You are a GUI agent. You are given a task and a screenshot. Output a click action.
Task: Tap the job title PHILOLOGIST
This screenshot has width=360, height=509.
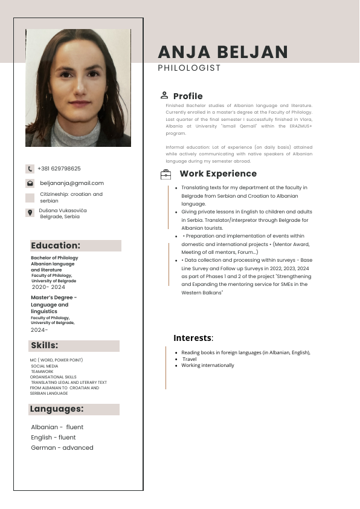click(x=189, y=68)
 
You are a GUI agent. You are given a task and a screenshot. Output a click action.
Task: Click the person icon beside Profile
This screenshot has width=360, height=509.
click(x=164, y=95)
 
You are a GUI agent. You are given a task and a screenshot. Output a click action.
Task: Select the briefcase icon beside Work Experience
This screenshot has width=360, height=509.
click(x=166, y=174)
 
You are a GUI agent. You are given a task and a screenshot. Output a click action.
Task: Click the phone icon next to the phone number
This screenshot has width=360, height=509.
click(x=30, y=169)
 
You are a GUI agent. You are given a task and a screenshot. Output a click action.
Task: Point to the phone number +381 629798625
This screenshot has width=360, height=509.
click(x=59, y=169)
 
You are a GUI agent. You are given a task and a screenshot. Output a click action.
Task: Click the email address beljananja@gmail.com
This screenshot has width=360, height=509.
click(x=72, y=183)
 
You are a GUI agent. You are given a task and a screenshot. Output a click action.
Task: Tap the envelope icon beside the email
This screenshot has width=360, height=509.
click(x=30, y=183)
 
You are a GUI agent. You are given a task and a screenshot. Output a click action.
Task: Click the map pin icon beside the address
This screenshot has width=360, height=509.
click(x=30, y=212)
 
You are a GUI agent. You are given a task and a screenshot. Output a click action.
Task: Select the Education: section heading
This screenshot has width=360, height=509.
click(x=56, y=245)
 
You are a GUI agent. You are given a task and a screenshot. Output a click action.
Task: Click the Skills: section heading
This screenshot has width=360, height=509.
click(x=45, y=346)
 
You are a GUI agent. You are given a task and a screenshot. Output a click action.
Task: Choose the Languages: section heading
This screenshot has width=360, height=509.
click(x=57, y=409)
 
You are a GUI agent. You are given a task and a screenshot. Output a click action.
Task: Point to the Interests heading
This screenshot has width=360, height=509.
click(x=193, y=338)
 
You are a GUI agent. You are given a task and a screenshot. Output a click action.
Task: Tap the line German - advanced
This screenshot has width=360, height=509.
click(x=62, y=447)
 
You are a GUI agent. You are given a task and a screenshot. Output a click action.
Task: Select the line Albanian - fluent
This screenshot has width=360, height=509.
click(x=57, y=427)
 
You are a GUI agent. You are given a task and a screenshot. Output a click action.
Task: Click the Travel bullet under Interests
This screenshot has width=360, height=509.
click(x=189, y=359)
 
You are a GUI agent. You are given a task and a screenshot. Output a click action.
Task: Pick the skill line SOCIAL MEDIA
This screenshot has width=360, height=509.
click(x=45, y=366)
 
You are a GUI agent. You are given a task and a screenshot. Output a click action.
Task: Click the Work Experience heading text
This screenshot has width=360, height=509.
click(x=218, y=174)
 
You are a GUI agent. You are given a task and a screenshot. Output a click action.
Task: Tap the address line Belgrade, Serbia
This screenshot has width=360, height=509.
click(x=60, y=216)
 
